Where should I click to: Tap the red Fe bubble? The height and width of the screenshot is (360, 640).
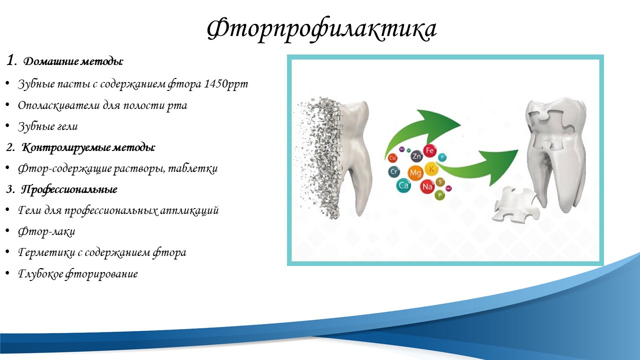coord(429,151)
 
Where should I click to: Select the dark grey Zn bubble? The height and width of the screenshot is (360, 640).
coord(416,156)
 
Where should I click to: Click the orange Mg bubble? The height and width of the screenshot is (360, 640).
coord(415,172)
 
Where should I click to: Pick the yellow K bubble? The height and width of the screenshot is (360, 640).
coord(431,169)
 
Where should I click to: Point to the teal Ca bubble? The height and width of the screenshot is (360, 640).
coord(403,185)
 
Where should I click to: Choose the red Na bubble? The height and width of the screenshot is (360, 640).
coord(427,186)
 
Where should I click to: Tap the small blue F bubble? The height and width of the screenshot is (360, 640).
coord(442,157)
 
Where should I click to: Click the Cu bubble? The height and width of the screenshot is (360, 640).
coord(392,157)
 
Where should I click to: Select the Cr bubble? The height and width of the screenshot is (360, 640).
coord(394,171)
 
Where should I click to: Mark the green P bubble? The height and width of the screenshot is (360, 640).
coord(440,195)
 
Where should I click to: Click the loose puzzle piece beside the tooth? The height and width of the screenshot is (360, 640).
coord(516,204)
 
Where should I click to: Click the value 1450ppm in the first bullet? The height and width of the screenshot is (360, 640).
coord(226,83)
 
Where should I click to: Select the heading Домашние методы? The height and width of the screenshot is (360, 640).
coord(73,61)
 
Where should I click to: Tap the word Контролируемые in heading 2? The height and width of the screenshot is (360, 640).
coord(66,147)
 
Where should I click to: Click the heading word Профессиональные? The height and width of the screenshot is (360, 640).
coord(69,189)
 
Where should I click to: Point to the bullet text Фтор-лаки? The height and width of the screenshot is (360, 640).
coord(46,231)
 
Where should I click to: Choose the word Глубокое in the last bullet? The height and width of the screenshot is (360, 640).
coord(40,273)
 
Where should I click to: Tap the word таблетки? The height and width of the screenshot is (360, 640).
coord(193,168)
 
